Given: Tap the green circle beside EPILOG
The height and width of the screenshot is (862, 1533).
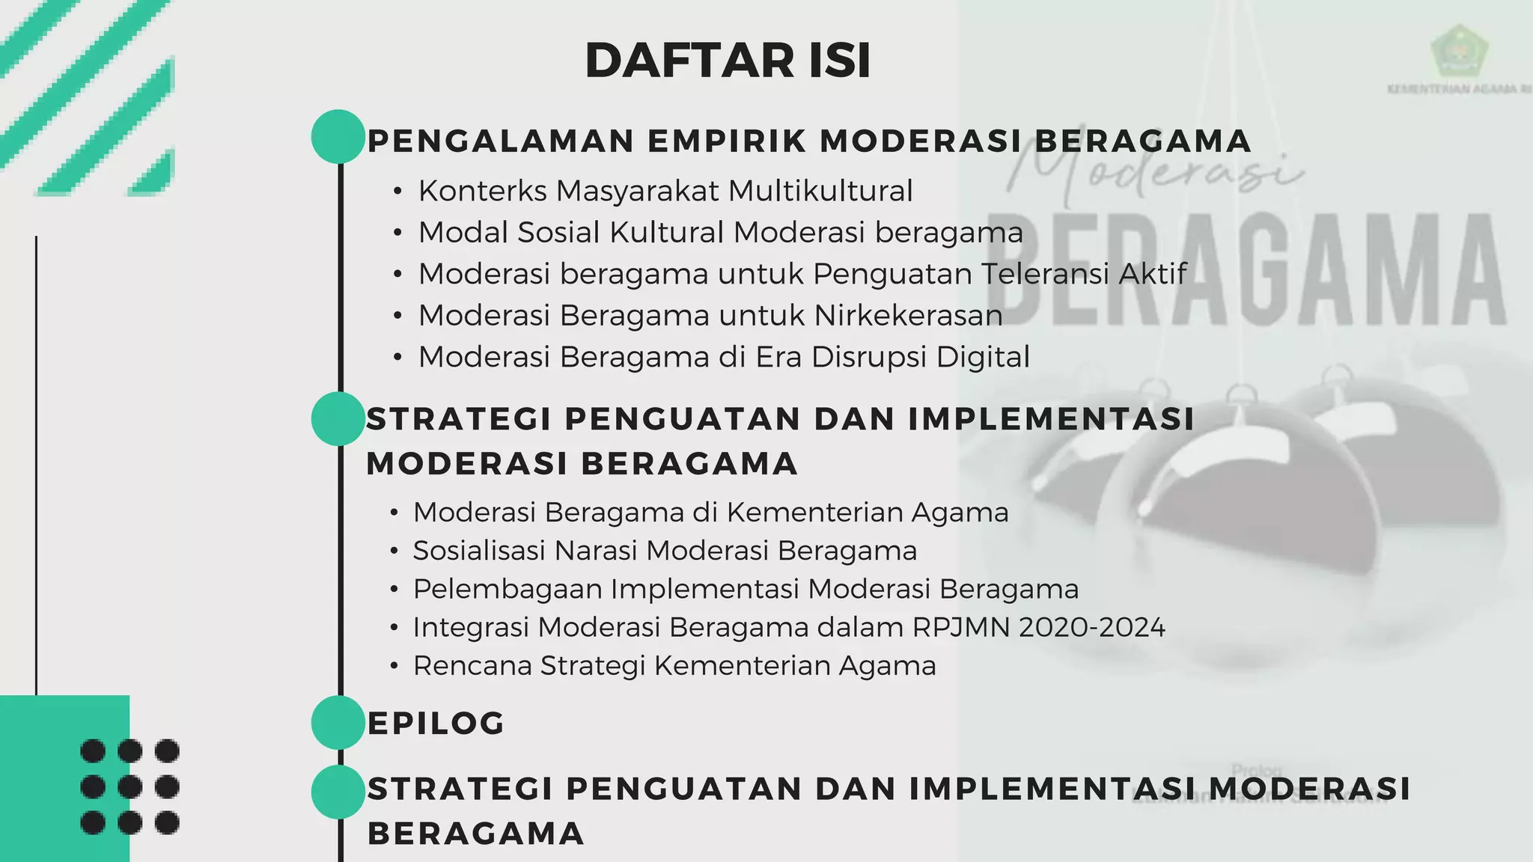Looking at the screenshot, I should coord(338,722).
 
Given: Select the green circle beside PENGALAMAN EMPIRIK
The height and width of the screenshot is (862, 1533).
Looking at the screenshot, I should coord(338,136).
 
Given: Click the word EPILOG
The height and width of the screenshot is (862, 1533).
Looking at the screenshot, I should coord(436,724).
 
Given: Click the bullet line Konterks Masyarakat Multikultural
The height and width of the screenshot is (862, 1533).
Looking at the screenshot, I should coord(665,191).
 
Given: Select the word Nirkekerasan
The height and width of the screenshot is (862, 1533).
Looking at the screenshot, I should coord(908,316).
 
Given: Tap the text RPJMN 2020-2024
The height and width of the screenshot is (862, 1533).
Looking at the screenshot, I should coord(1039,627).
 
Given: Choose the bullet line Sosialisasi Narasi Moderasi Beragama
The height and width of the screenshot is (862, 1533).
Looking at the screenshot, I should coord(665,551).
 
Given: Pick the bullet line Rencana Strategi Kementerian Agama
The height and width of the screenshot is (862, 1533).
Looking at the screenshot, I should coord(674,665).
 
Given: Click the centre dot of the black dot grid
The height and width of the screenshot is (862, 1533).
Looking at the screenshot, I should coord(129,786).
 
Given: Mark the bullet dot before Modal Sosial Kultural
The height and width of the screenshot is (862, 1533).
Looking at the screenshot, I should coord(397,233).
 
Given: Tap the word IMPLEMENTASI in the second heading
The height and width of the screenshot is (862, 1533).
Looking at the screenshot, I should coord(1051,419).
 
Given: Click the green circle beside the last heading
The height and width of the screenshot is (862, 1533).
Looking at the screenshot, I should coord(338,792).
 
